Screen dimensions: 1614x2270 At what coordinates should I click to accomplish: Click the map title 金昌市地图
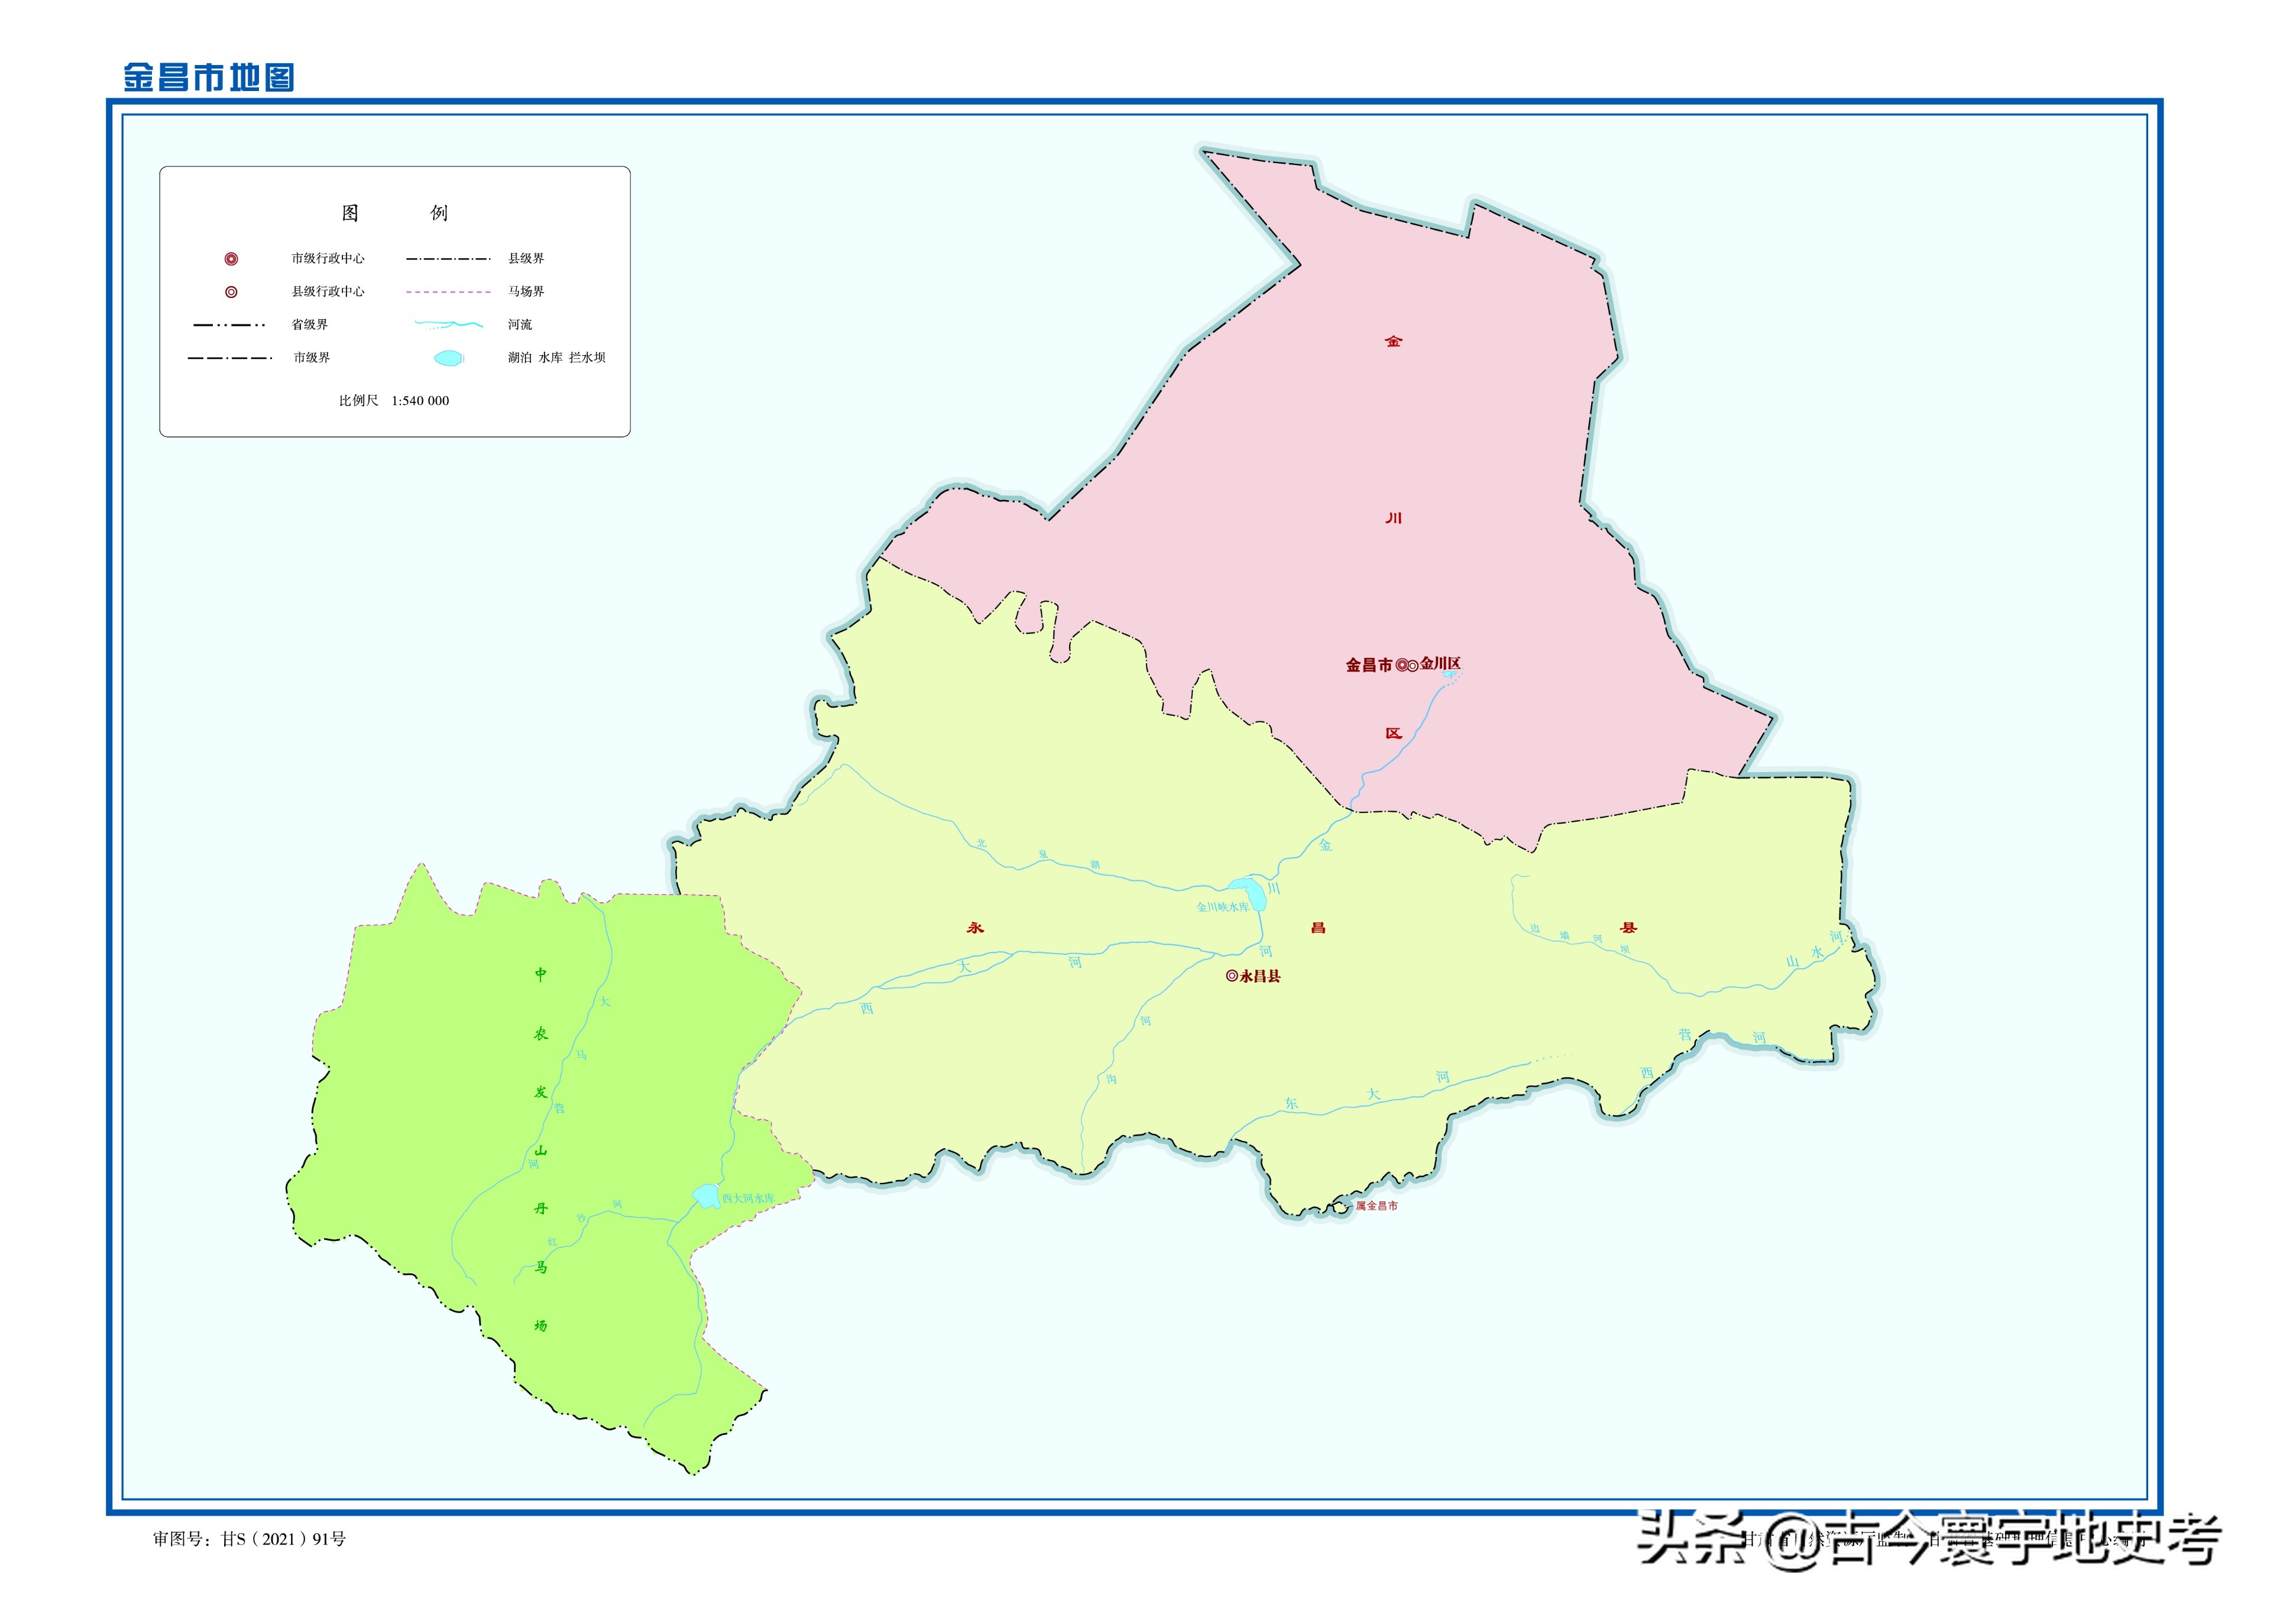(x=209, y=77)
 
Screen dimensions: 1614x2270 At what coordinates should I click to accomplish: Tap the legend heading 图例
(x=394, y=213)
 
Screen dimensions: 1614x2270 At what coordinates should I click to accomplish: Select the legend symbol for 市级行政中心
(x=231, y=258)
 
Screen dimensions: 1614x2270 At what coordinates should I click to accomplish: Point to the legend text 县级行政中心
(x=328, y=291)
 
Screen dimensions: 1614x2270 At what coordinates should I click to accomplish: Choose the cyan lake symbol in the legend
(x=448, y=358)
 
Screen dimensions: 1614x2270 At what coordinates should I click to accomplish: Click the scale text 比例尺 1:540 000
(x=394, y=400)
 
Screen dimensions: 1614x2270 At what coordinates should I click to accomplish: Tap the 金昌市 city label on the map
(x=1368, y=666)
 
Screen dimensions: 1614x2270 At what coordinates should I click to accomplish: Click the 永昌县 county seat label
(x=1260, y=976)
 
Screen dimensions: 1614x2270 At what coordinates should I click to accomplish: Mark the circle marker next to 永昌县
(x=1232, y=976)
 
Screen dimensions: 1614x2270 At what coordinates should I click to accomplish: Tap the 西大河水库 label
(x=747, y=1198)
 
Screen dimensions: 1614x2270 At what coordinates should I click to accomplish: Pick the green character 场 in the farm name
(x=540, y=1325)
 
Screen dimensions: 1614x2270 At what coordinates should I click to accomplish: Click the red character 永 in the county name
(x=975, y=927)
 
